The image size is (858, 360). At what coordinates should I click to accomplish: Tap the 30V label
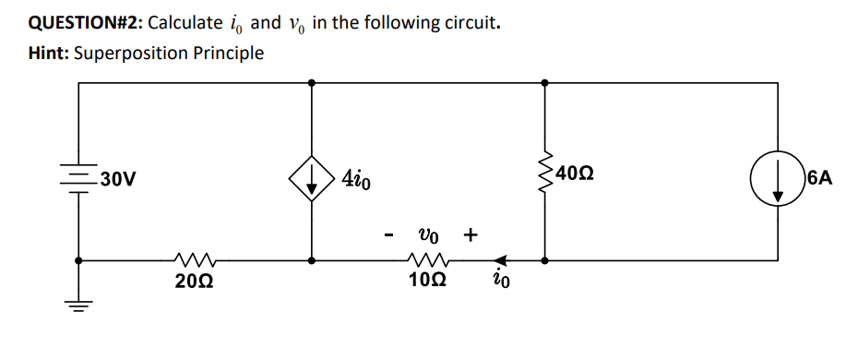coord(120,178)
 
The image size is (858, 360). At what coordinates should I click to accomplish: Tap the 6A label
coord(819,175)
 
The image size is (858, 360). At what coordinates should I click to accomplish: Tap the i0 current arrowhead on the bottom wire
coord(501,260)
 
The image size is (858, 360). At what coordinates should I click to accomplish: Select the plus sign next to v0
coord(471,234)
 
